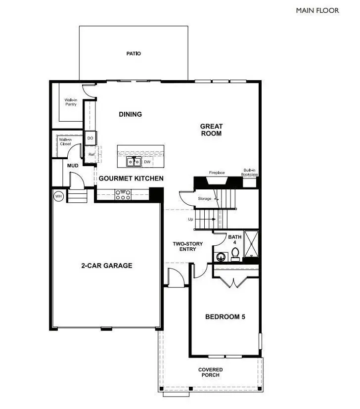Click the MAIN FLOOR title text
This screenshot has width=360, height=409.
tap(317, 10)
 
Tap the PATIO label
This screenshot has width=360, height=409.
tap(134, 53)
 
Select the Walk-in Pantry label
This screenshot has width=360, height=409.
tap(71, 102)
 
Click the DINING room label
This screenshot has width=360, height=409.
tap(131, 114)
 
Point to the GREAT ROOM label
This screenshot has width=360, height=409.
tap(211, 130)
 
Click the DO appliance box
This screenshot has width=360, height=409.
tap(90, 138)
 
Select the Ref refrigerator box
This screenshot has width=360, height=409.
tap(91, 154)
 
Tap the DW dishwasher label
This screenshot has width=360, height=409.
tap(147, 162)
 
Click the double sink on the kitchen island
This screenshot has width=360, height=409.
tap(133, 162)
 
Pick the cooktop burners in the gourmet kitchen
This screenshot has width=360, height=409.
tap(122, 194)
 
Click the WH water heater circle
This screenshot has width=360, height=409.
tap(58, 196)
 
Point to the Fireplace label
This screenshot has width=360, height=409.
tap(217, 173)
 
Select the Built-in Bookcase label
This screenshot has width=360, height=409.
tap(249, 172)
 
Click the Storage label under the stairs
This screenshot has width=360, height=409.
tap(205, 199)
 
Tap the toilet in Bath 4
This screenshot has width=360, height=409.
tap(235, 254)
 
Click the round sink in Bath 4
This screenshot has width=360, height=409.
tap(221, 257)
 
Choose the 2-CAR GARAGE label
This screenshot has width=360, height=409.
tap(107, 266)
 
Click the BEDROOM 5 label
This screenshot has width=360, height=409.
tap(225, 317)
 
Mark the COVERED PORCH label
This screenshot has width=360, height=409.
tap(211, 372)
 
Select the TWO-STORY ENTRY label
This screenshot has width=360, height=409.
tap(184, 246)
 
